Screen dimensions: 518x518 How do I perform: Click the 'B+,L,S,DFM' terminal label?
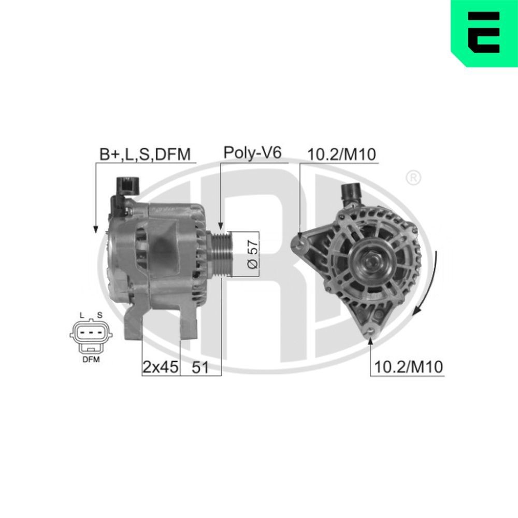145,154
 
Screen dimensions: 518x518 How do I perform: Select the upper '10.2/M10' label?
341,154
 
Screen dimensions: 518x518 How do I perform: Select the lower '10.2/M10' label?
409,367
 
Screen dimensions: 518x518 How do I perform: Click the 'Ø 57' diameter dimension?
252,255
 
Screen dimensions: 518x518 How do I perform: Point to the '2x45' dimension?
161,367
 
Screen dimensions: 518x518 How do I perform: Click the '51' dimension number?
200,367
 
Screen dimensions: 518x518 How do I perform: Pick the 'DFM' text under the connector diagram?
90,359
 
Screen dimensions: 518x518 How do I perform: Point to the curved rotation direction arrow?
429,285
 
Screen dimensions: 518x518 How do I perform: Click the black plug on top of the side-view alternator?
127,185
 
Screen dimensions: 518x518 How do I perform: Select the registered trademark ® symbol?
412,178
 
